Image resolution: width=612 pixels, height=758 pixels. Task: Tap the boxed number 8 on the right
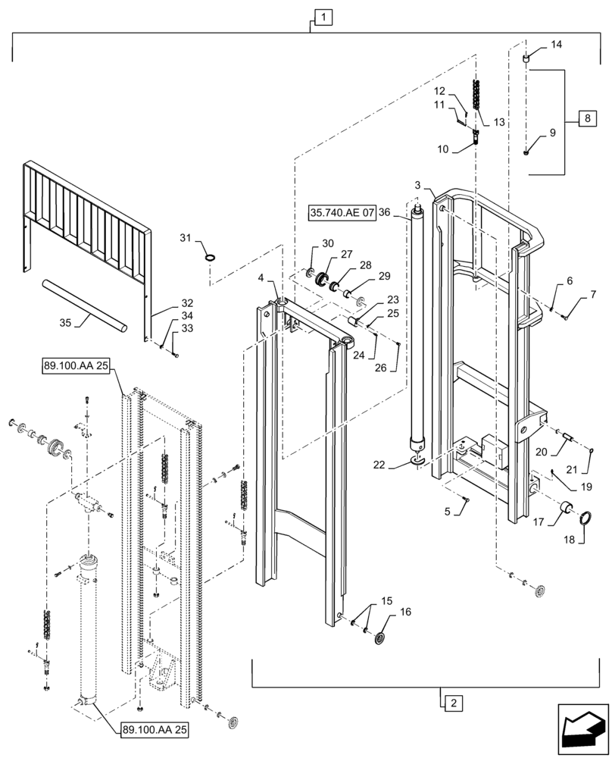point(586,120)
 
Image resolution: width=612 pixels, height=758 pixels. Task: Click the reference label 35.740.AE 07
point(342,213)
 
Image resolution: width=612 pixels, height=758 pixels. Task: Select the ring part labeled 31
point(211,257)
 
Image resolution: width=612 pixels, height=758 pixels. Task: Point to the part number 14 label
point(557,45)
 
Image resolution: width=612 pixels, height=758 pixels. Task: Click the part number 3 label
point(417,186)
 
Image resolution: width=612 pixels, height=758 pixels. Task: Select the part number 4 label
point(261,278)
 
